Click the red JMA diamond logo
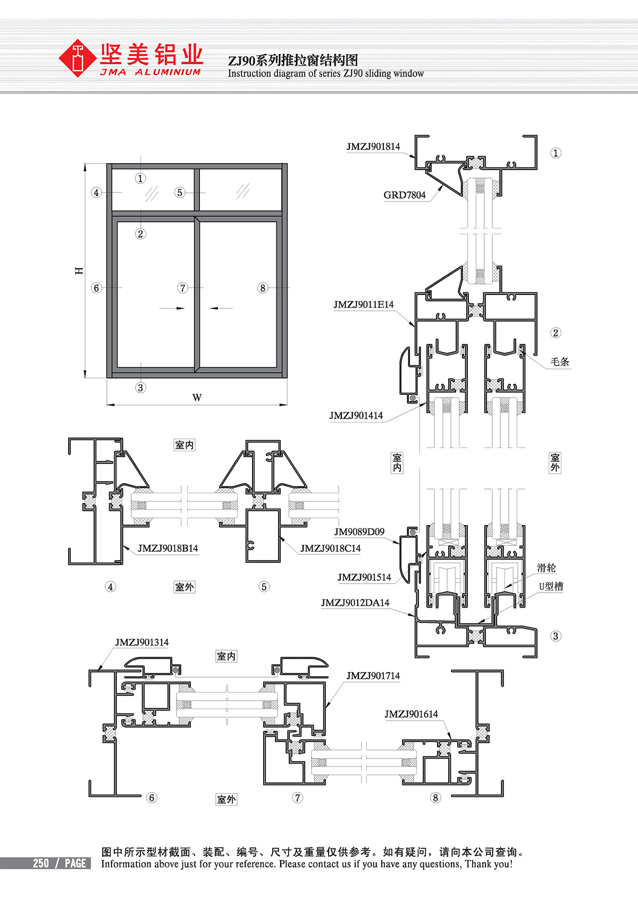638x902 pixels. tap(78, 58)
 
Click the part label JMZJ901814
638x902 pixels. tap(373, 147)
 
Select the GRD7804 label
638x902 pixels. tap(405, 195)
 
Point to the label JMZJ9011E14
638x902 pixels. tap(364, 305)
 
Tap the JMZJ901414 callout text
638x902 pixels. tap(356, 416)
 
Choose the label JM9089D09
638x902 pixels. tap(359, 532)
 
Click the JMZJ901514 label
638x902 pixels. tap(364, 577)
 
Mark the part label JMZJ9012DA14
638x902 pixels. tap(355, 603)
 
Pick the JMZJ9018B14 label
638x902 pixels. tap(168, 548)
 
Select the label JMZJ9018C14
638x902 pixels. tap(331, 548)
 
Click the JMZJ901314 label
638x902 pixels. tap(142, 643)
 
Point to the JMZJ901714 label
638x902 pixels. tap(373, 676)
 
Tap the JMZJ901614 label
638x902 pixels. tap(412, 714)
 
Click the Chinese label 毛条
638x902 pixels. tap(560, 362)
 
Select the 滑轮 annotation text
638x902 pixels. tap(547, 568)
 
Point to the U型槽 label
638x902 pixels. tap(551, 586)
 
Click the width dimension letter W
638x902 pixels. tap(197, 398)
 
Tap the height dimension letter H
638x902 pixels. tap(79, 271)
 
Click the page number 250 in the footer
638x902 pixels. tap(41, 864)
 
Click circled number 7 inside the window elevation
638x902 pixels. tap(183, 288)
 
